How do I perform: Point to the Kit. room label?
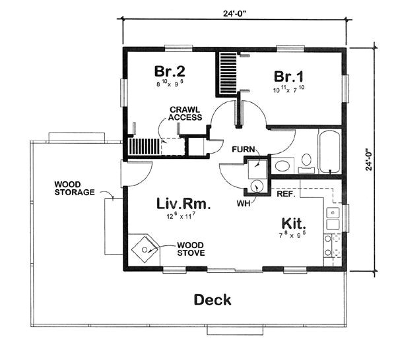(x=291, y=225)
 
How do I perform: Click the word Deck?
(x=213, y=300)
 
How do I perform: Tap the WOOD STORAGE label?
(x=73, y=188)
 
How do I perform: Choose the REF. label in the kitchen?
(x=285, y=195)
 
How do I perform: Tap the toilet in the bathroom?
(x=306, y=161)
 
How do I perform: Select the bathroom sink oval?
(x=282, y=165)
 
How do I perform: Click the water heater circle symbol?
(x=257, y=187)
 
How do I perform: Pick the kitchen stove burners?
(x=331, y=246)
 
